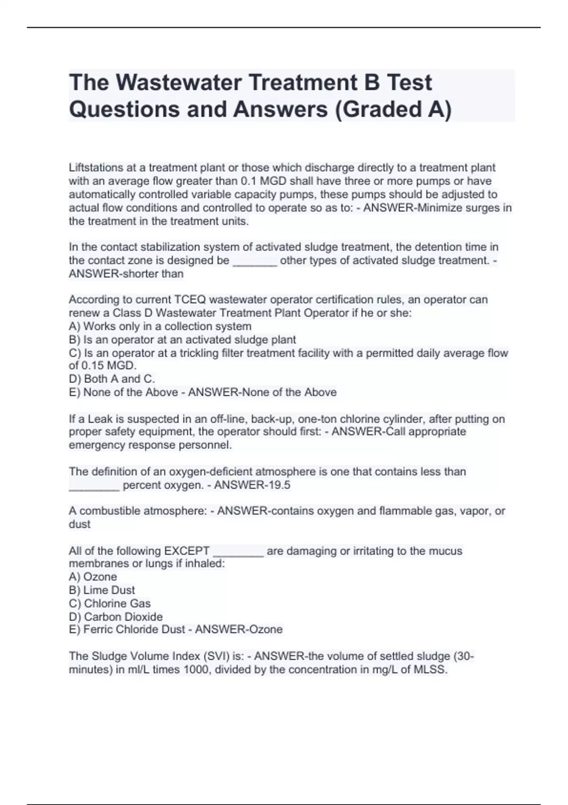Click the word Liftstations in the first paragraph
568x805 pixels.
point(96,168)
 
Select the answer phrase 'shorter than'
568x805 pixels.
point(154,274)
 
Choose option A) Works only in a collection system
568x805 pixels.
point(160,326)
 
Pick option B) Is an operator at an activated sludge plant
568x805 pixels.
point(182,340)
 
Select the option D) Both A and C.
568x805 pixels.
point(112,379)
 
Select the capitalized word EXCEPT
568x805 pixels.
point(186,551)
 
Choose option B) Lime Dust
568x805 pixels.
point(102,590)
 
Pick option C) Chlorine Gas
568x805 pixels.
point(109,603)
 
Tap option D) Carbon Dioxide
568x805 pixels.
point(115,617)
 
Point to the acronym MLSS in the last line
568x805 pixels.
point(431,670)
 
